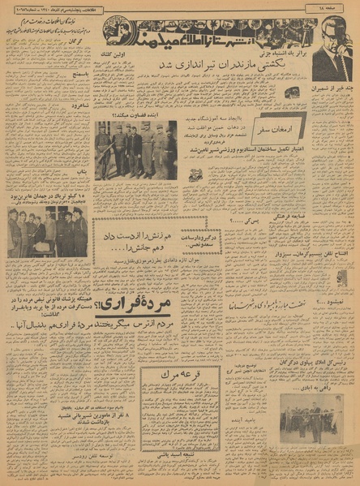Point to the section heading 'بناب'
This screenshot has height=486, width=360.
[x=78, y=172]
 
